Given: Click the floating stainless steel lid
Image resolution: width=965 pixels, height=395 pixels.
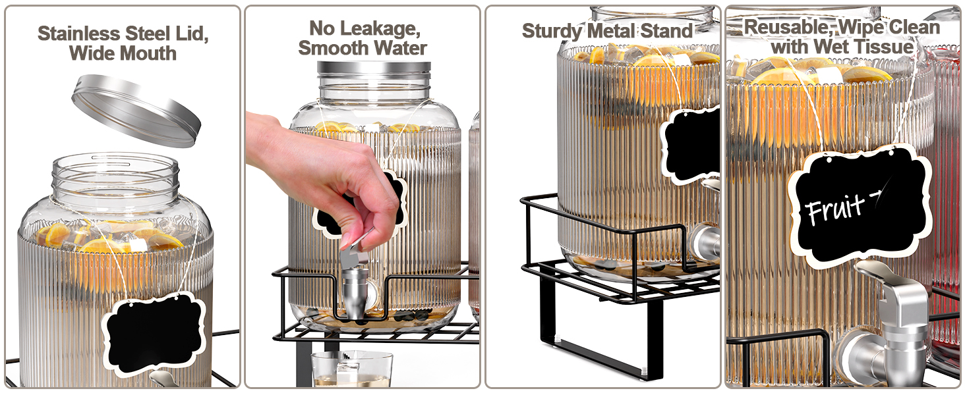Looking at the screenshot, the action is tap(136, 111).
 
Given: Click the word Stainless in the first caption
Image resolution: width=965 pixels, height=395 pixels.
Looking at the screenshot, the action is tap(79, 34).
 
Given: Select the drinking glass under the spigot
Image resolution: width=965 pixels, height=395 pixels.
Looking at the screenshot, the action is tap(352, 369).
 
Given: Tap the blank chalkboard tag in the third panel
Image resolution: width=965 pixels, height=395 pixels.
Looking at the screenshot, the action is tap(690, 145).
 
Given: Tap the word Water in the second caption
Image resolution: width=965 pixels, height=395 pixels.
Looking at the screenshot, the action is tap(399, 48).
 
